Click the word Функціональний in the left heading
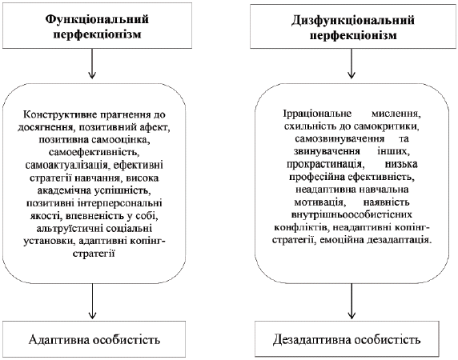(x=97, y=19)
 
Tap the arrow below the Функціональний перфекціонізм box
(x=92, y=63)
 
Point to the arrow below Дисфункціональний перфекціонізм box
(x=352, y=63)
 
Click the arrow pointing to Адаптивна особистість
(x=92, y=301)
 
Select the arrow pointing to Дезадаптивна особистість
(x=352, y=301)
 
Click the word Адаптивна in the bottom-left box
(x=59, y=340)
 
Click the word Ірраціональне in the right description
(x=317, y=113)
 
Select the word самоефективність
(x=93, y=152)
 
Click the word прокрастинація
(x=325, y=164)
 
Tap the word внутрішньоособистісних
(x=352, y=214)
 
